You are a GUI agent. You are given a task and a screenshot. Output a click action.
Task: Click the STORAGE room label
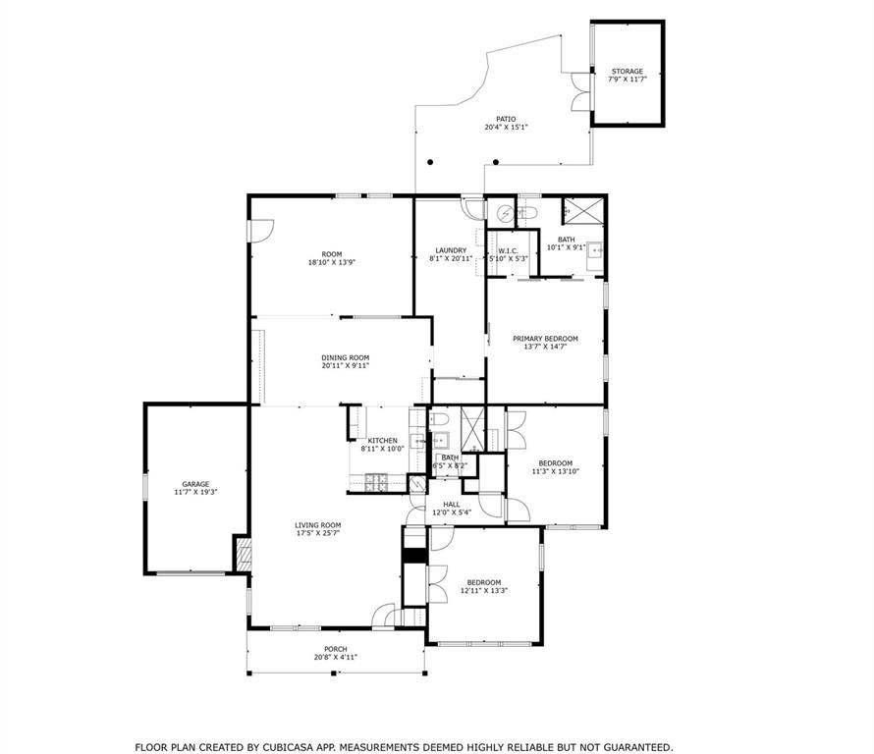[628, 72]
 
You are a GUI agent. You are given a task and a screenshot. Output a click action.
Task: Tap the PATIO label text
[506, 120]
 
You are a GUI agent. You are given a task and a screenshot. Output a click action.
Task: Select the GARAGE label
[195, 484]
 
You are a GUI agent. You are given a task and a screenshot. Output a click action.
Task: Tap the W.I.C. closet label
[508, 250]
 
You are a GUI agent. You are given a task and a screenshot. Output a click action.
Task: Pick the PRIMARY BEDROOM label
[545, 339]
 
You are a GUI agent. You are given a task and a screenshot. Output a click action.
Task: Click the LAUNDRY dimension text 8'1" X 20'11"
[451, 259]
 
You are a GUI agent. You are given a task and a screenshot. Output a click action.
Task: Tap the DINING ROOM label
[345, 357]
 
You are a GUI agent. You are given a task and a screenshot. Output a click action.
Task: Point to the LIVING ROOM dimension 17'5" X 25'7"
[318, 534]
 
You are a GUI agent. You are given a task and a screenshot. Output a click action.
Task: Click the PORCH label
[335, 649]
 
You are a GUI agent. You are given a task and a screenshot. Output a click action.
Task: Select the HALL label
[451, 505]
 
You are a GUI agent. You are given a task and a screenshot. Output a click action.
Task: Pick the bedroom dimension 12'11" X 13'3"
[483, 591]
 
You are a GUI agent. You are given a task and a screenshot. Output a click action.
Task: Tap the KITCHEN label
[382, 440]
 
